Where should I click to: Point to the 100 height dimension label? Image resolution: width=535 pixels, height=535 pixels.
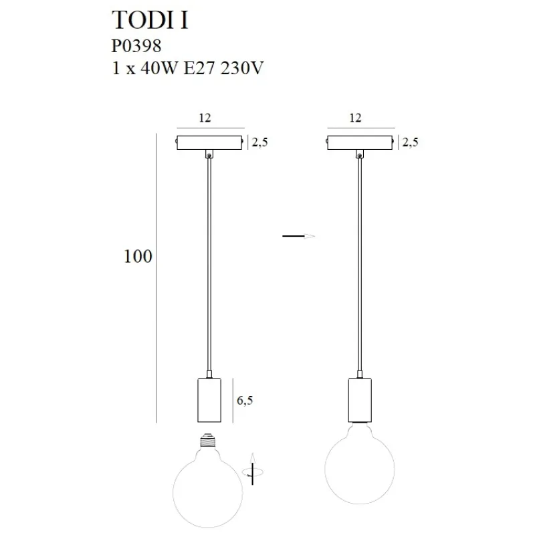pyautogui.click(x=137, y=257)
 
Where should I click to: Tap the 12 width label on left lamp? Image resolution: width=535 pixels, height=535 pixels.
pyautogui.click(x=205, y=118)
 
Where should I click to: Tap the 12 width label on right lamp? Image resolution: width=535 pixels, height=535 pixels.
pyautogui.click(x=355, y=118)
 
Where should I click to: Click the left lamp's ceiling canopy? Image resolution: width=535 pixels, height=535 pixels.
pyautogui.click(x=209, y=142)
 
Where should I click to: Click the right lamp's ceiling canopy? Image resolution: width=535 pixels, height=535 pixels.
pyautogui.click(x=360, y=142)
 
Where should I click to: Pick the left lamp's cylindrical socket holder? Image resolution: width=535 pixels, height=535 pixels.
pyautogui.click(x=209, y=400)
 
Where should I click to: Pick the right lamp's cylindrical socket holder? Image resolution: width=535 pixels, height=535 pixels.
pyautogui.click(x=360, y=400)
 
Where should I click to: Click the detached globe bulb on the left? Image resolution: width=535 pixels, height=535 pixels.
pyautogui.click(x=208, y=484)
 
